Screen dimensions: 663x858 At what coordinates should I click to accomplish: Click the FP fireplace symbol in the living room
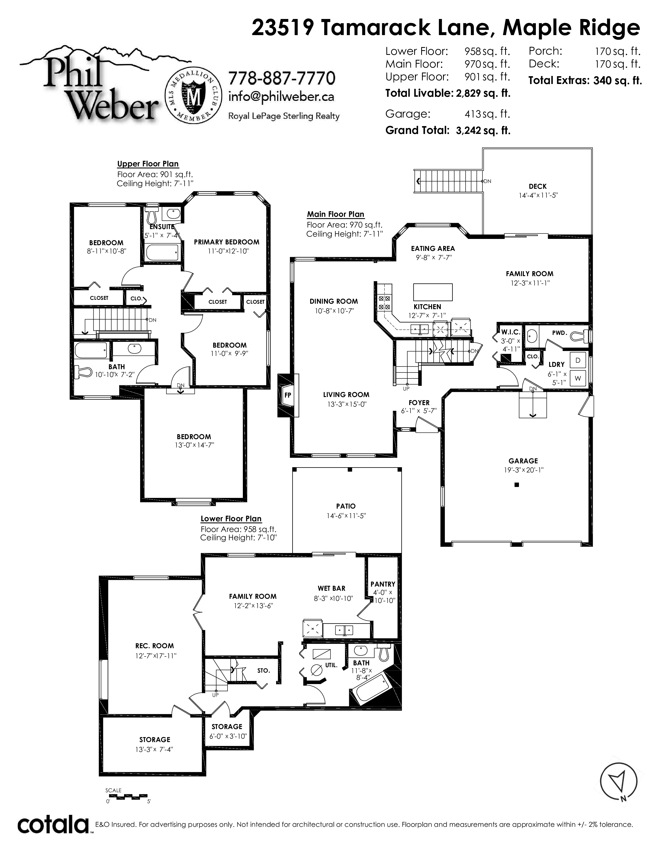[x=288, y=395]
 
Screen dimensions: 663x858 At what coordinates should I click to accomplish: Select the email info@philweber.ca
[x=281, y=97]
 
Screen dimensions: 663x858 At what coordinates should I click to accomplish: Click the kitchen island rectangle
[x=432, y=292]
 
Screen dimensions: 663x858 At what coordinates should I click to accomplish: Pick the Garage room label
[x=523, y=461]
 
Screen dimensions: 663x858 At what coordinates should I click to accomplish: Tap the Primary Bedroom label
[x=227, y=242]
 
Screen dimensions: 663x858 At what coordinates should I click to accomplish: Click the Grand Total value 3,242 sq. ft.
[x=483, y=131]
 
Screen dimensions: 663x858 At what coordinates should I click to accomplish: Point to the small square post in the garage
[x=517, y=485]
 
